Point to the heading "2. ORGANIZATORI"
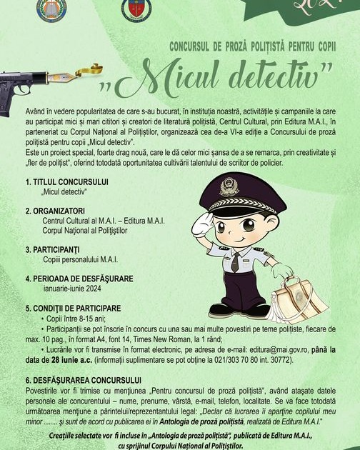tap(56, 211)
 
